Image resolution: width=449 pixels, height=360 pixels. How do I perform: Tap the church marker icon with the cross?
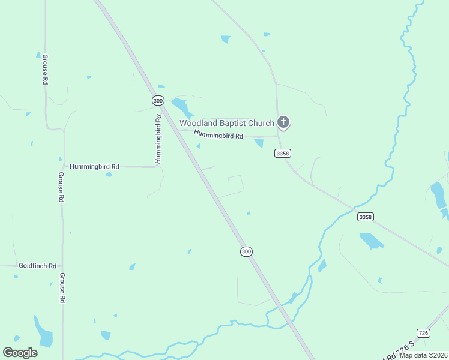(x=284, y=123)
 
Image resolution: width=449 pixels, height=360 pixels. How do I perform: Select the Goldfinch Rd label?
(x=37, y=266)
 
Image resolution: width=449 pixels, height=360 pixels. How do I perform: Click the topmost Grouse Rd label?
(x=45, y=70)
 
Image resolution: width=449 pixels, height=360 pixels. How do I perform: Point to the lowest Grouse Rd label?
(x=62, y=288)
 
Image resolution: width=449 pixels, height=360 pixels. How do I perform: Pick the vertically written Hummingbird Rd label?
(x=158, y=139)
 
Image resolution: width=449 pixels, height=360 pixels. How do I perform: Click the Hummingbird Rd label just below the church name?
(x=218, y=136)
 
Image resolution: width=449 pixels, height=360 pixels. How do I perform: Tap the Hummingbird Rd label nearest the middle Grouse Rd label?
(x=94, y=166)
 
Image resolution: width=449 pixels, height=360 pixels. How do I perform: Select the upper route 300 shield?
(x=158, y=101)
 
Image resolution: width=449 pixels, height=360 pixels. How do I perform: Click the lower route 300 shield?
(x=246, y=251)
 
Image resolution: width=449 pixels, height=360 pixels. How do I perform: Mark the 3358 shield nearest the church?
(x=283, y=154)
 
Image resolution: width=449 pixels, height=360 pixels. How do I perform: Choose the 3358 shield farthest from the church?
(x=365, y=217)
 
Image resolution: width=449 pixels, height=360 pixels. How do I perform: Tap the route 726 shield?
(x=423, y=333)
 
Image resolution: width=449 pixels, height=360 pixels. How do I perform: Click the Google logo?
(x=20, y=353)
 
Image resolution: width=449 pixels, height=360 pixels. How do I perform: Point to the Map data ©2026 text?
(x=423, y=355)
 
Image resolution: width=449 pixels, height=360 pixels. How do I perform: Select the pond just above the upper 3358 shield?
(x=259, y=143)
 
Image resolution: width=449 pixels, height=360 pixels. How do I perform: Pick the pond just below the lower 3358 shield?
(x=371, y=241)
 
